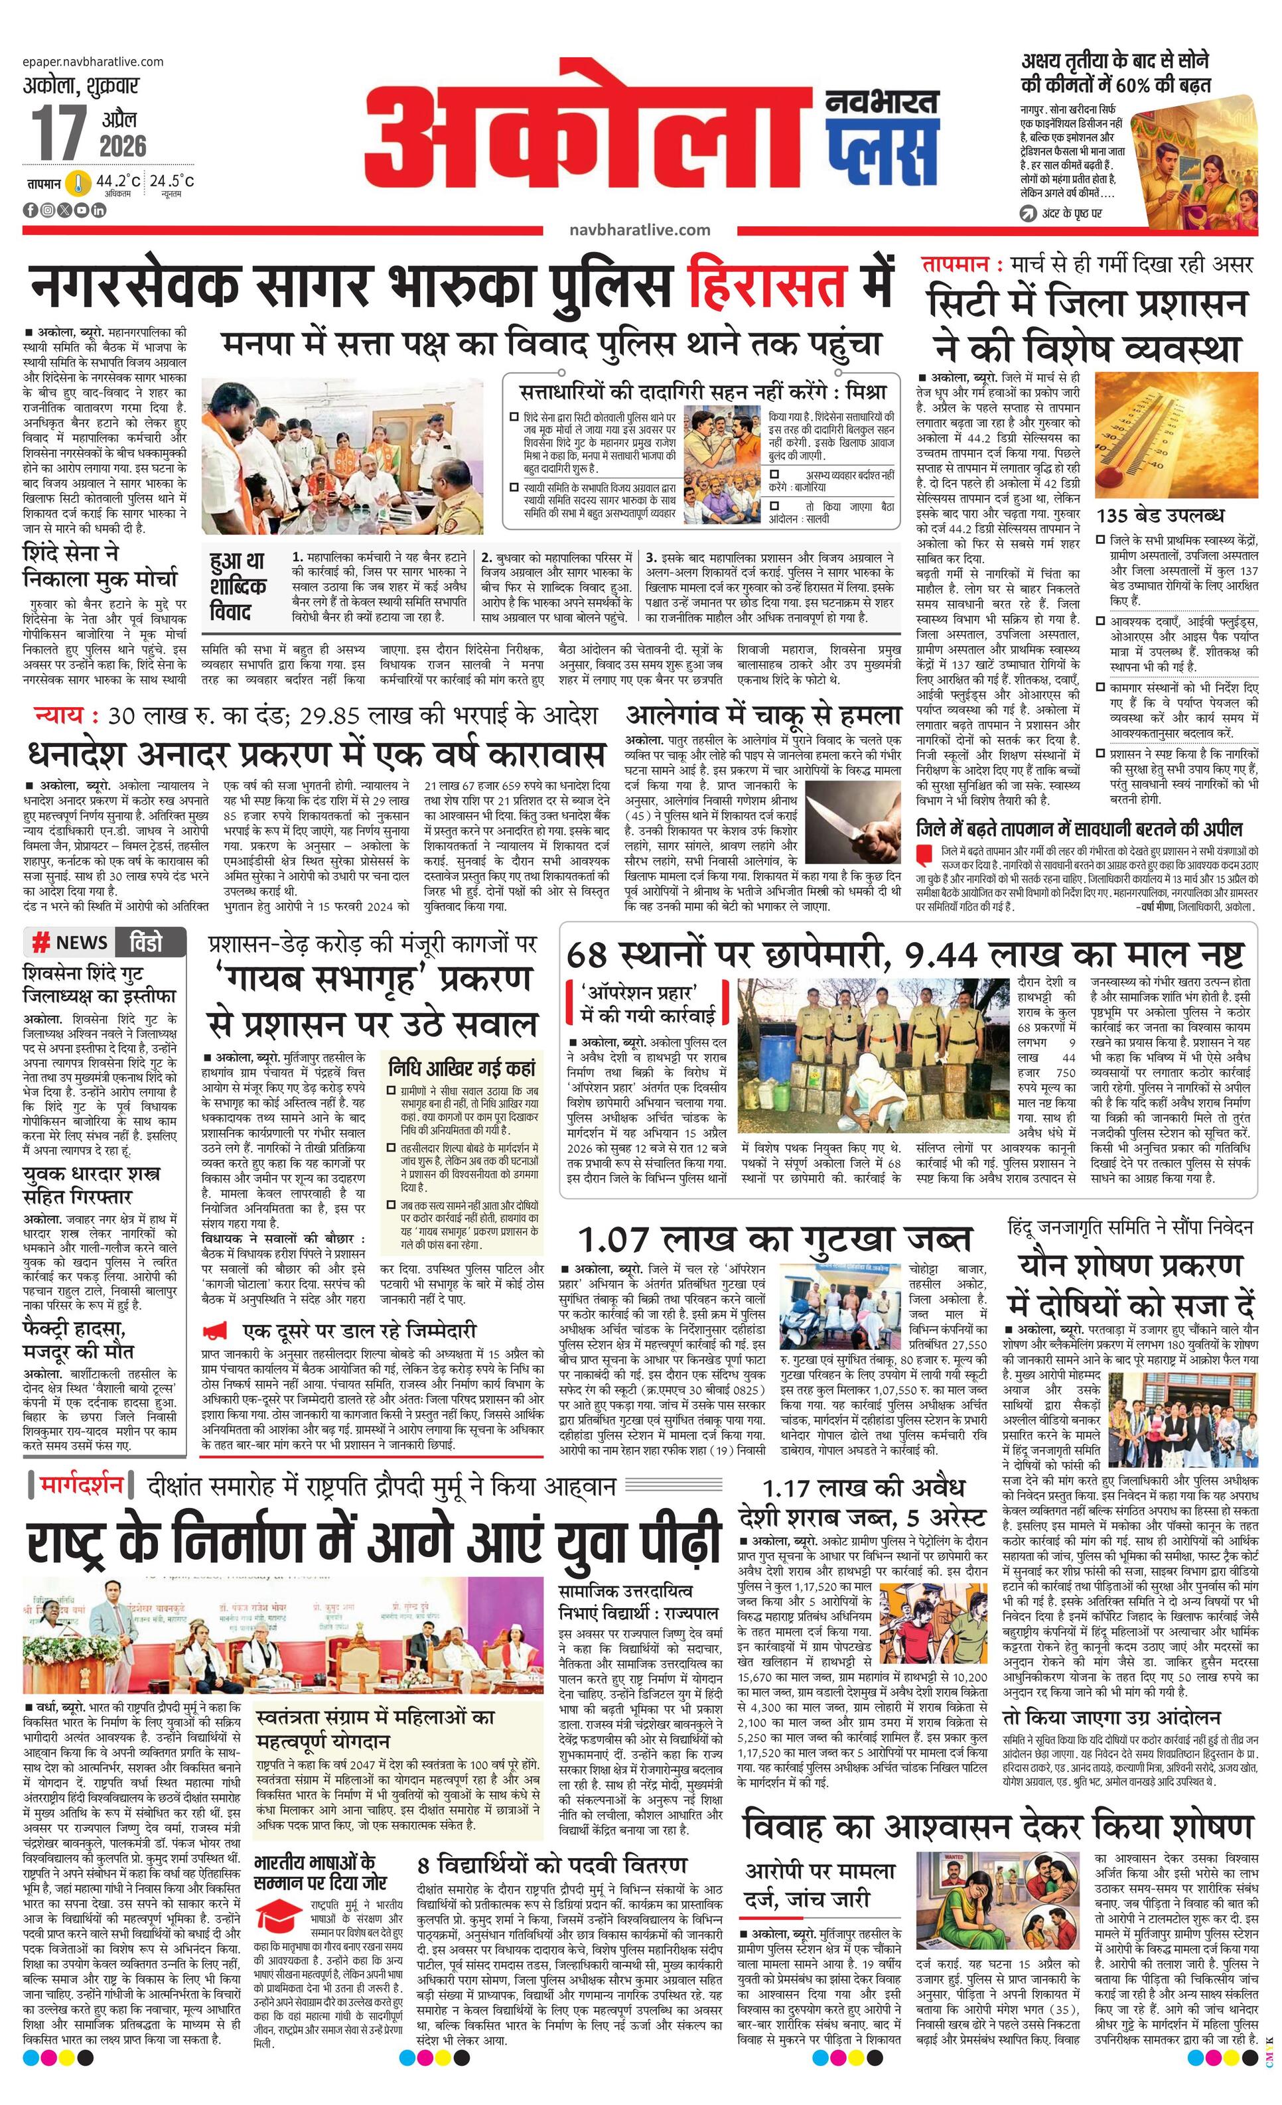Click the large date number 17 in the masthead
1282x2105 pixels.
pos(60,133)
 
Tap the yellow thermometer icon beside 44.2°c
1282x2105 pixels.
pos(80,184)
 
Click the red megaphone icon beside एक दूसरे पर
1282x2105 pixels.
pos(216,1330)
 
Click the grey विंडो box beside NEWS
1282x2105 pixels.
pos(151,942)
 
